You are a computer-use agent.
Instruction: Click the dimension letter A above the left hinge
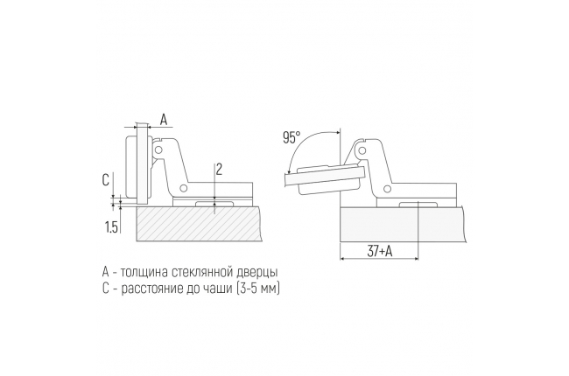[164, 119]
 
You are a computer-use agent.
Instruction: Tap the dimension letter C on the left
[106, 180]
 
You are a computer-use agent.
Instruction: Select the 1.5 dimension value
[111, 227]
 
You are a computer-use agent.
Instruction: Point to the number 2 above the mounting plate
[219, 170]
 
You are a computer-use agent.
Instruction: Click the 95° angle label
[292, 138]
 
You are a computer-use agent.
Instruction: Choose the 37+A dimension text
[380, 251]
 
